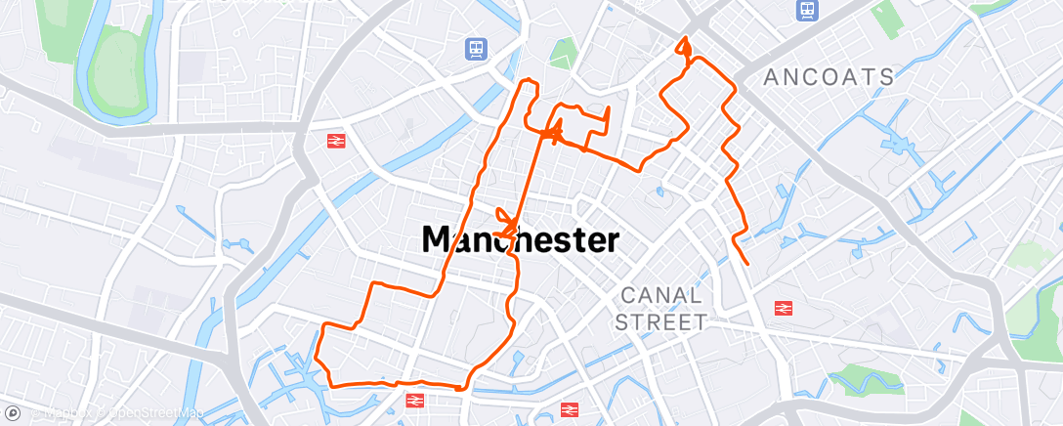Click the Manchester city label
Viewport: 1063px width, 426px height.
coord(520,239)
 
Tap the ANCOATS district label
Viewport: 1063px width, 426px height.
coord(829,77)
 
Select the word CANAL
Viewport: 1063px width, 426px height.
coord(661,294)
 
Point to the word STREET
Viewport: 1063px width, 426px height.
coord(661,321)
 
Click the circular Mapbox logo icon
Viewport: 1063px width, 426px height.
coord(12,414)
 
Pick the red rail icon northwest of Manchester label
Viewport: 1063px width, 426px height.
coord(337,141)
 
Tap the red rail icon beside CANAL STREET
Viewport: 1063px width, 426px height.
coord(783,308)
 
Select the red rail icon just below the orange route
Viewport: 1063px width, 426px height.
coord(414,400)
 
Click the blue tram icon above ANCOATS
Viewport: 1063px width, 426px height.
coord(808,10)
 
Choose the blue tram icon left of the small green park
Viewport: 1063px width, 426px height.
coord(476,48)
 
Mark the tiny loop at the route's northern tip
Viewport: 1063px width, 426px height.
coord(685,45)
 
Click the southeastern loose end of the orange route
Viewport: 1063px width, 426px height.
coord(748,264)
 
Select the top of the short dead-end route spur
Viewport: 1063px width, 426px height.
coord(609,107)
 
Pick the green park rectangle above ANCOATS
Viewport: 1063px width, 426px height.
coord(886,17)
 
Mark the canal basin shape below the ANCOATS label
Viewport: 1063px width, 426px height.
coord(897,145)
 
